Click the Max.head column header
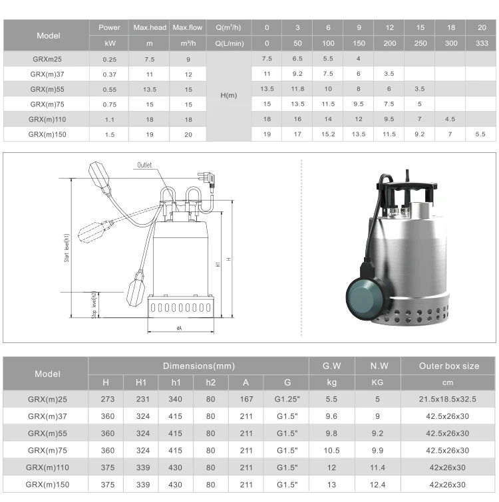pyautogui.click(x=150, y=27)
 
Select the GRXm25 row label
pyautogui.click(x=47, y=59)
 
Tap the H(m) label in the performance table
pyautogui.click(x=229, y=95)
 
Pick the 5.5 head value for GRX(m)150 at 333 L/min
pyautogui.click(x=480, y=134)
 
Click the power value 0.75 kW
pyautogui.click(x=110, y=104)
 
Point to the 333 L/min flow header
pyautogui.click(x=482, y=43)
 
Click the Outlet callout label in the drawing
pyautogui.click(x=144, y=165)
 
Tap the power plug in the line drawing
pyautogui.click(x=207, y=180)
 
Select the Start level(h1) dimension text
pyautogui.click(x=67, y=248)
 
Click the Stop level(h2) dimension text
pyautogui.click(x=94, y=305)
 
